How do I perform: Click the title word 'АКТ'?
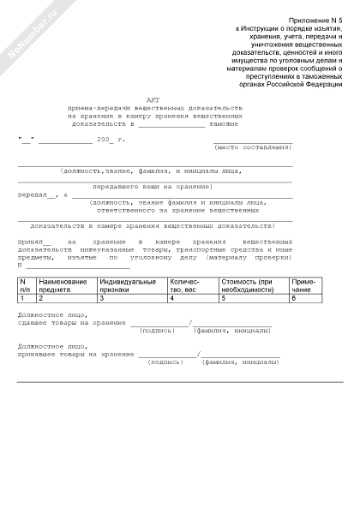(153, 99)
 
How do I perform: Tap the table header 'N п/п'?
(26, 284)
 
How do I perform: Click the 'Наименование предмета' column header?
(63, 284)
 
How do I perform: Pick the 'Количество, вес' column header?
(186, 284)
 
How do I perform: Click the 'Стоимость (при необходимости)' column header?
(247, 284)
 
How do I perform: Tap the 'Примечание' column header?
(303, 284)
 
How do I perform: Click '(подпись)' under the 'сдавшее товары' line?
(155, 329)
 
